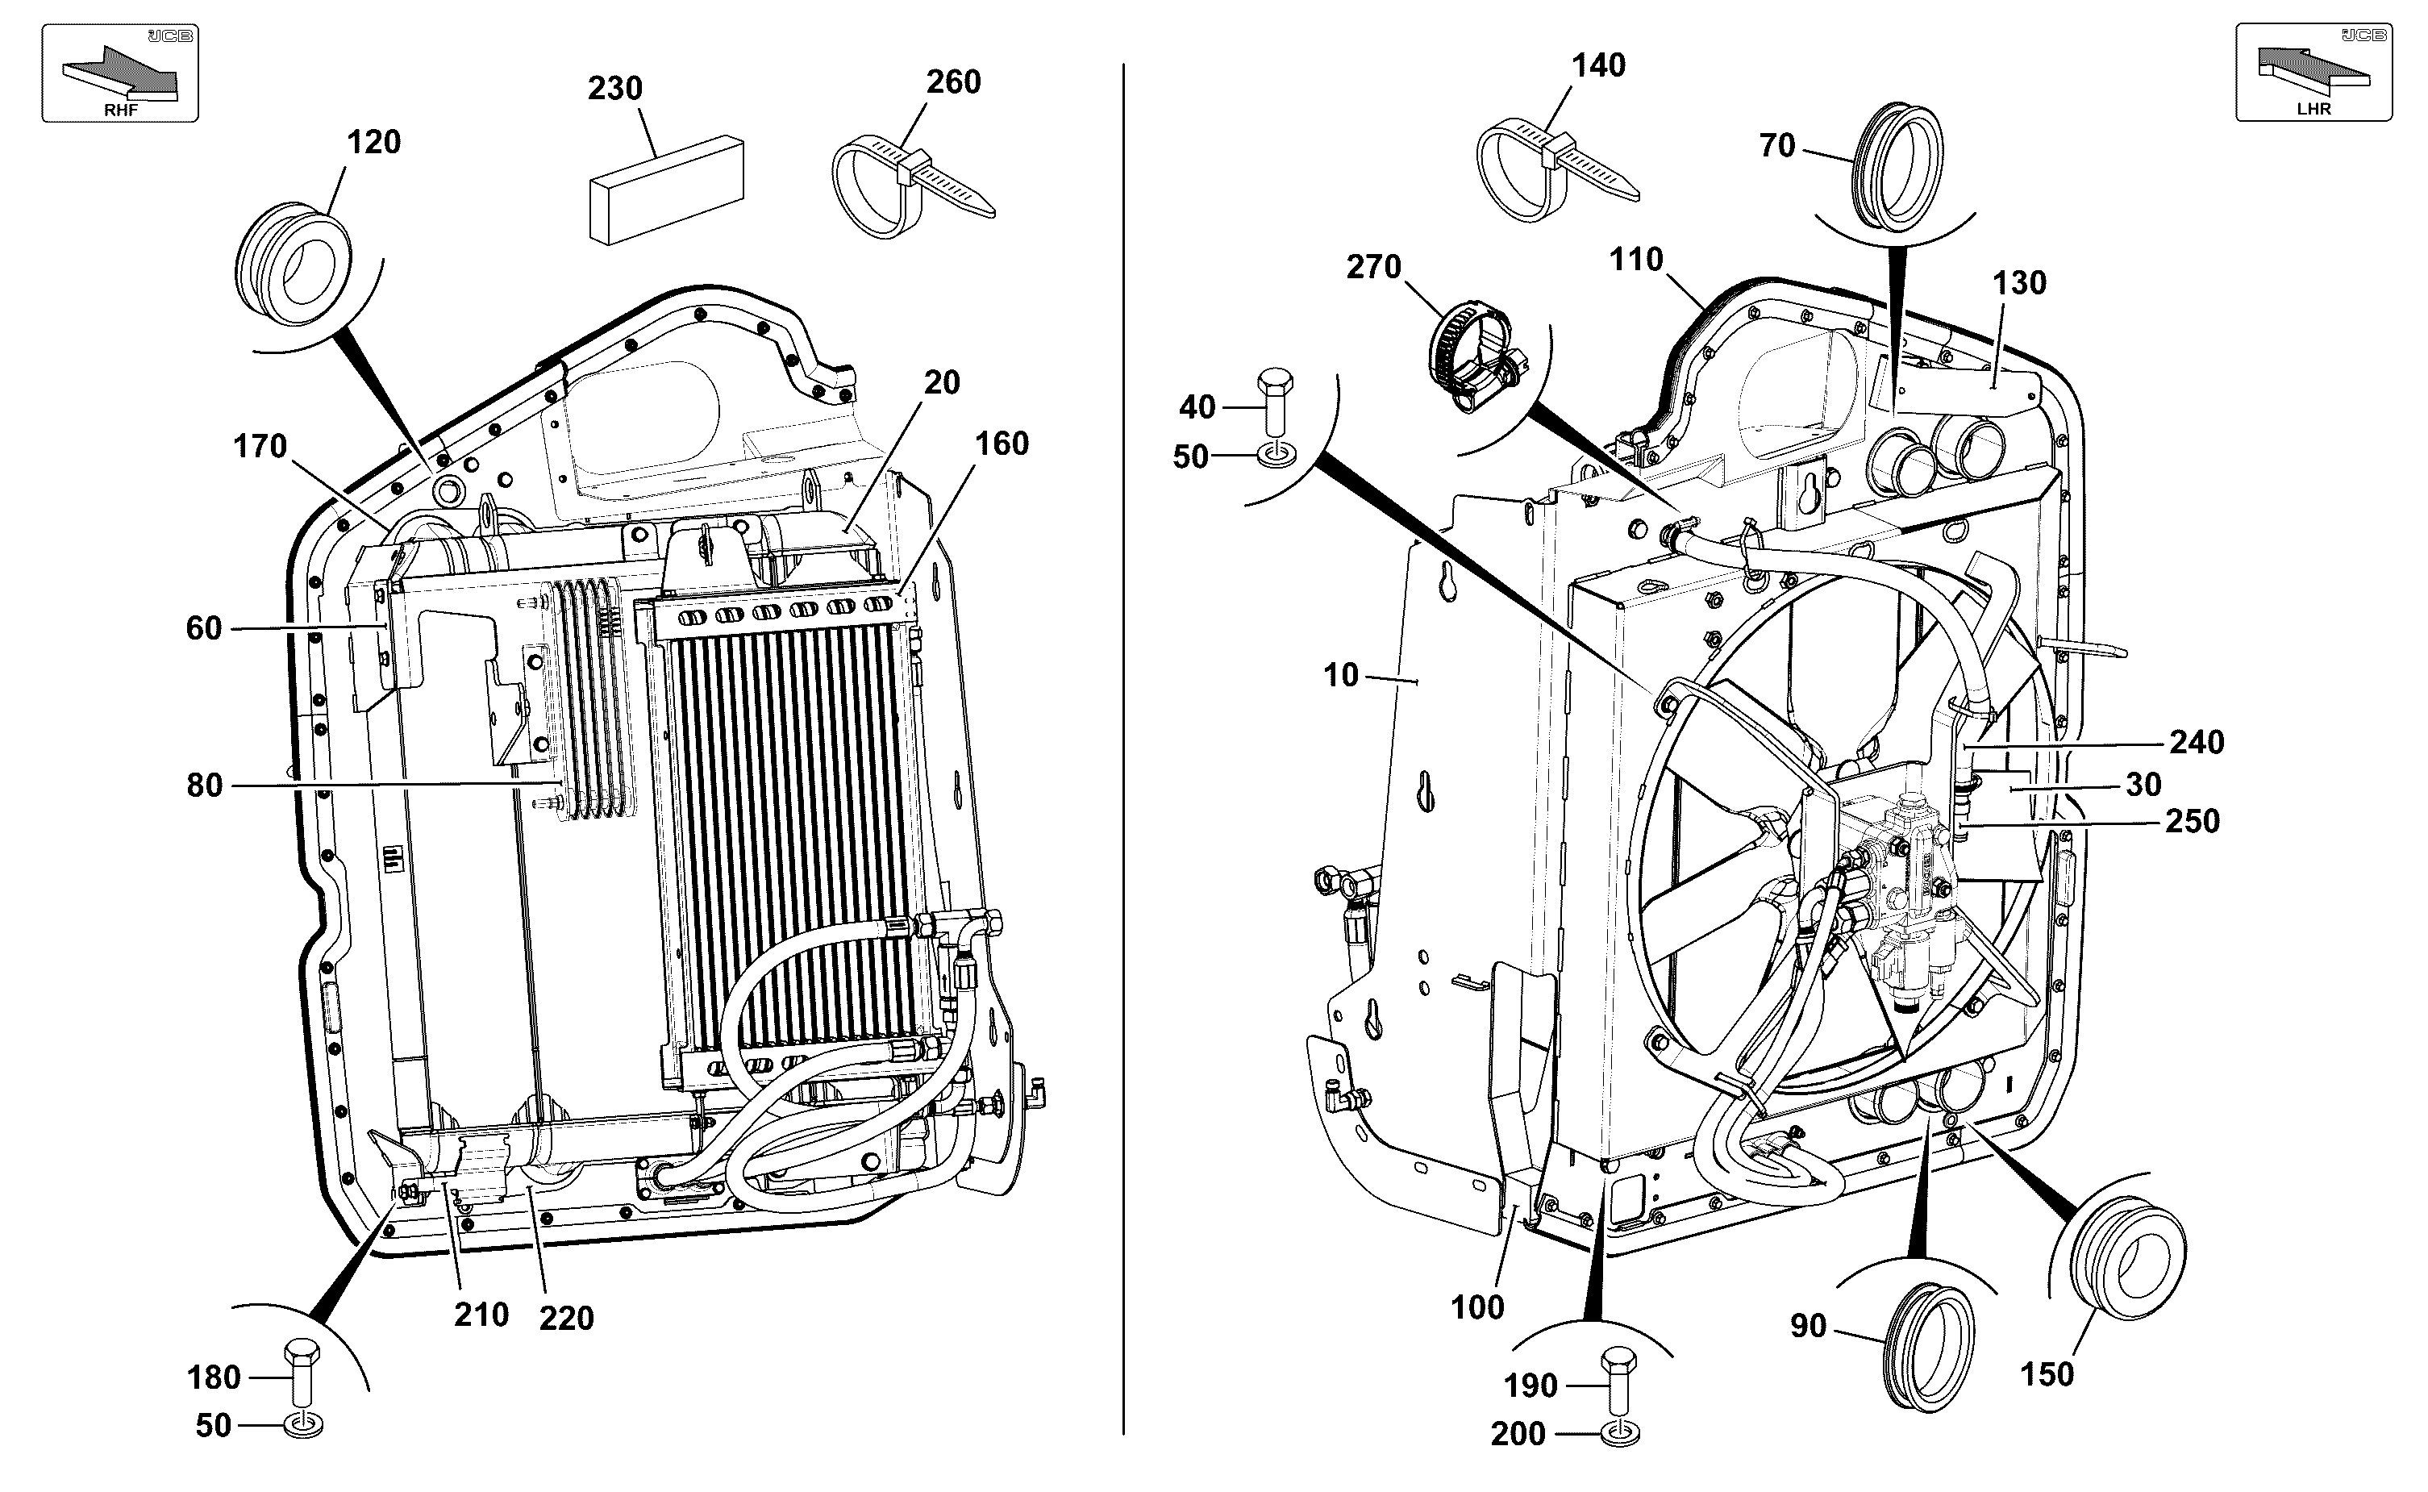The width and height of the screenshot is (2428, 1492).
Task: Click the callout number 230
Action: click(x=614, y=89)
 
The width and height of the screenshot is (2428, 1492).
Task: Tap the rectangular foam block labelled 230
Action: click(x=667, y=190)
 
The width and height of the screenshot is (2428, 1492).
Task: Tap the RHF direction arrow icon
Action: click(x=119, y=73)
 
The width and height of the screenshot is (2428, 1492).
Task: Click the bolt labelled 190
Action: click(x=1618, y=1380)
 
